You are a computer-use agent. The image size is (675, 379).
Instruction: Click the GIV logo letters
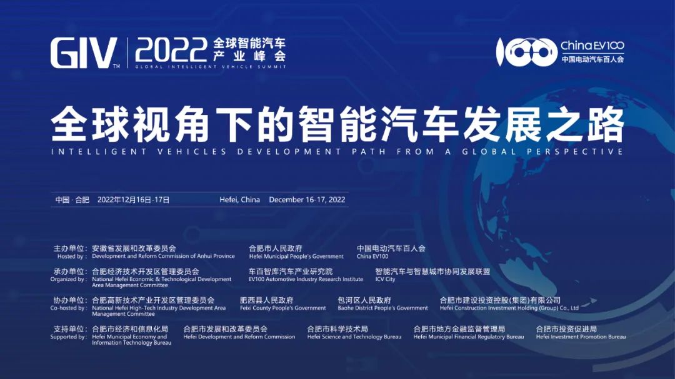84,52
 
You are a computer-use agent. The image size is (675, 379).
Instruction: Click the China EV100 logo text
592,46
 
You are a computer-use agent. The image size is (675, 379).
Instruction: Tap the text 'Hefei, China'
239,200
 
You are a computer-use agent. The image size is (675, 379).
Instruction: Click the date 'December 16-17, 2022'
307,200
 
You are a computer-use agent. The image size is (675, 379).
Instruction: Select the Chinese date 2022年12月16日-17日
133,200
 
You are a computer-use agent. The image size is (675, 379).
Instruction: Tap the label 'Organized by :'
68,280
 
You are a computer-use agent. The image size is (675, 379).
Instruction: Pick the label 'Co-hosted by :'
68,308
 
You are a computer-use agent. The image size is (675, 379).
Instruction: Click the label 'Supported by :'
68,337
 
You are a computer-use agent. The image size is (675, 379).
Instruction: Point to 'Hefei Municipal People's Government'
296,257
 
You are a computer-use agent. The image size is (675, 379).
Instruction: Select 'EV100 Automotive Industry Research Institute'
306,280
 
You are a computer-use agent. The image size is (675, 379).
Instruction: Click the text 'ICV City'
385,280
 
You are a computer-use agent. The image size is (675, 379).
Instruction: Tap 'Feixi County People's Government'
283,308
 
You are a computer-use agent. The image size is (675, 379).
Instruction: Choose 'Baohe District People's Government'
382,308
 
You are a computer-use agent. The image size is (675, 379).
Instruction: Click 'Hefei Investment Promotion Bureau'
581,337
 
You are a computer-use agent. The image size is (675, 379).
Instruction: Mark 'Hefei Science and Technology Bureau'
354,337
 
